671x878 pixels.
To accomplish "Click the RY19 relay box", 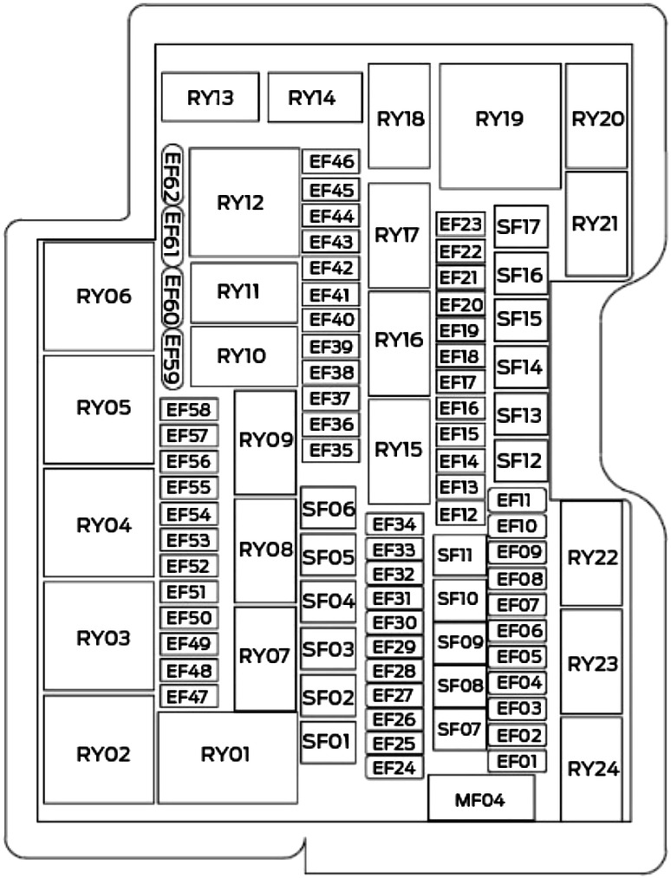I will pyautogui.click(x=499, y=121).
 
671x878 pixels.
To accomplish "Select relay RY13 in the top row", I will pyautogui.click(x=210, y=98).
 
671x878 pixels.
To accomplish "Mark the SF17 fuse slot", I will pyautogui.click(x=521, y=228).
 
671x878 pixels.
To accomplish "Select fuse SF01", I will pyautogui.click(x=327, y=741).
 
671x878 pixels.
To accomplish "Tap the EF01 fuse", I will pyautogui.click(x=518, y=762).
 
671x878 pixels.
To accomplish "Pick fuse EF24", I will pyautogui.click(x=394, y=767).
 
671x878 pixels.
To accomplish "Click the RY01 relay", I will pyautogui.click(x=227, y=755).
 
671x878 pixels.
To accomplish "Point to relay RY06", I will pyautogui.click(x=99, y=297).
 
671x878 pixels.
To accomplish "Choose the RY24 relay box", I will pyautogui.click(x=592, y=768).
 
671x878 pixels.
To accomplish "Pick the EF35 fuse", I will pyautogui.click(x=330, y=451).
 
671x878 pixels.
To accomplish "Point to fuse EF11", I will pyautogui.click(x=518, y=500).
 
